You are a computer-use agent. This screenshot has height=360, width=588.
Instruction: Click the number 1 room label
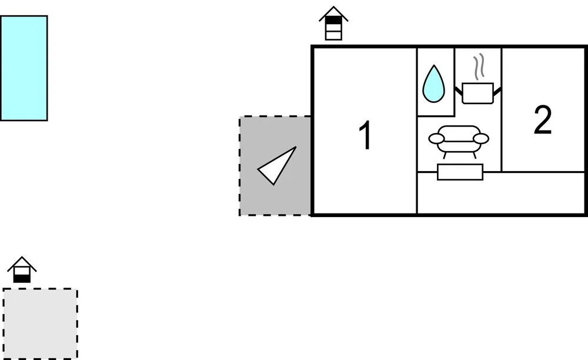coord(366,135)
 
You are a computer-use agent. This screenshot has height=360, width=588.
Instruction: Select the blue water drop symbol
coord(433,84)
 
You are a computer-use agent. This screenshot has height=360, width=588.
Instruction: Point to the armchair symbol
coord(459,141)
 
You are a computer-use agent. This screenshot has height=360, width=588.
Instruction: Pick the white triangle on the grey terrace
coord(277,166)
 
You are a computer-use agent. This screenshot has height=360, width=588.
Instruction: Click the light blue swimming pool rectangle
coord(24,68)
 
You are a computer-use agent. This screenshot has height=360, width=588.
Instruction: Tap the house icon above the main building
coord(333,24)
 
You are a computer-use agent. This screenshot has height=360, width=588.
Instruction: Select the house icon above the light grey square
coord(22,269)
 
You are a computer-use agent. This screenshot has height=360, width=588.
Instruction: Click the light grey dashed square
coord(40,324)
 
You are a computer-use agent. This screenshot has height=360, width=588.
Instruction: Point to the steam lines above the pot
coord(479,66)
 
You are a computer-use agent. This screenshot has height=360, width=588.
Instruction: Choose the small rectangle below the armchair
coord(460,172)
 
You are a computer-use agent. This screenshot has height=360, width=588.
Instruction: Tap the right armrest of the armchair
coord(481,139)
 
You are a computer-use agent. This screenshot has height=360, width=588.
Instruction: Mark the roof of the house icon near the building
coord(333,14)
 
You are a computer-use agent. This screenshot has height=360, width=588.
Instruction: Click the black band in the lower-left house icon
coord(22,279)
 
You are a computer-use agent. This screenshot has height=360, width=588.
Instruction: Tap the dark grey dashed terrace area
coord(275,166)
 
